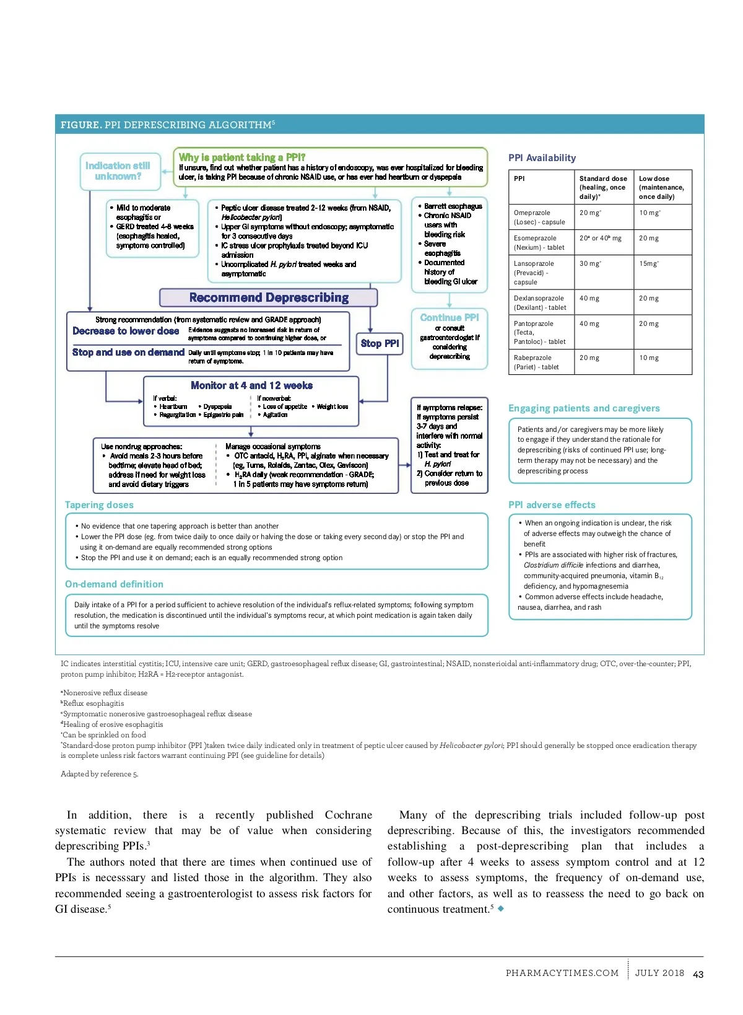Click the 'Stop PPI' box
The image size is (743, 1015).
pos(380,343)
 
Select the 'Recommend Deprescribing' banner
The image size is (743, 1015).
pos(269,297)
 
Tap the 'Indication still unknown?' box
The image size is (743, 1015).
pos(118,171)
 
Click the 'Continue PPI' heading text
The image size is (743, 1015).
pos(450,317)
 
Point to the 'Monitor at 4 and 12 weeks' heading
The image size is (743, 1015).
pos(251,385)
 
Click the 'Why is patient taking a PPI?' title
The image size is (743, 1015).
pos(242,157)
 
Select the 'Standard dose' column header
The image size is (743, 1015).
pos(602,187)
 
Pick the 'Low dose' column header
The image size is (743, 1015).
pos(661,187)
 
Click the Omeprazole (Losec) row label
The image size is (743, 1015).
pos(539,217)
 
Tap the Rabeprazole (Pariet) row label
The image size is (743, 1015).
pos(536,362)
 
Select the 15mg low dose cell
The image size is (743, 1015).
pos(649,263)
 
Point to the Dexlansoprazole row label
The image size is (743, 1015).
pos(540,302)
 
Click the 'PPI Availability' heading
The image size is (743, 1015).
pos(542,158)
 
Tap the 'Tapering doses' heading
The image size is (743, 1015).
pos(99,505)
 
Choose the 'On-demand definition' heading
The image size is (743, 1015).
pos(114,584)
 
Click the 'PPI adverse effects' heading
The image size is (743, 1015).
pos(552,505)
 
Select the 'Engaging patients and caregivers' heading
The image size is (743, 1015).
pos(584,408)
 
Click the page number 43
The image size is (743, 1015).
pos(698,974)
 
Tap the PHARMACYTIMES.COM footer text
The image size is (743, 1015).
pos(562,973)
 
